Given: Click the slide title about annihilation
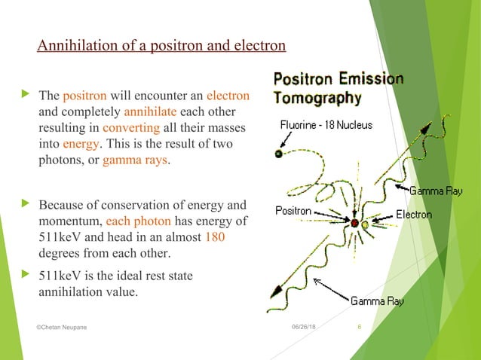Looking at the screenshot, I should [161, 47].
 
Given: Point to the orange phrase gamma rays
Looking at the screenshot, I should [136, 160].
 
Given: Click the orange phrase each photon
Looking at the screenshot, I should [133, 223].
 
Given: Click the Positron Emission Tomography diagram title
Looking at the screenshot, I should [338, 88].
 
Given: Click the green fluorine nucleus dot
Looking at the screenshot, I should [278, 154].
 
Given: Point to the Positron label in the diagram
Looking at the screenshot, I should [293, 211].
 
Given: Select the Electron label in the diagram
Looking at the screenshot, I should [413, 215].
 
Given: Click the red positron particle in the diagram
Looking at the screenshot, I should [353, 224].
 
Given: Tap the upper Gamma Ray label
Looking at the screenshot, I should [436, 191].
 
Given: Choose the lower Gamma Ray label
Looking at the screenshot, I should [377, 301].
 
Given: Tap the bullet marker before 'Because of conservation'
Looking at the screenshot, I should [28, 204].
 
